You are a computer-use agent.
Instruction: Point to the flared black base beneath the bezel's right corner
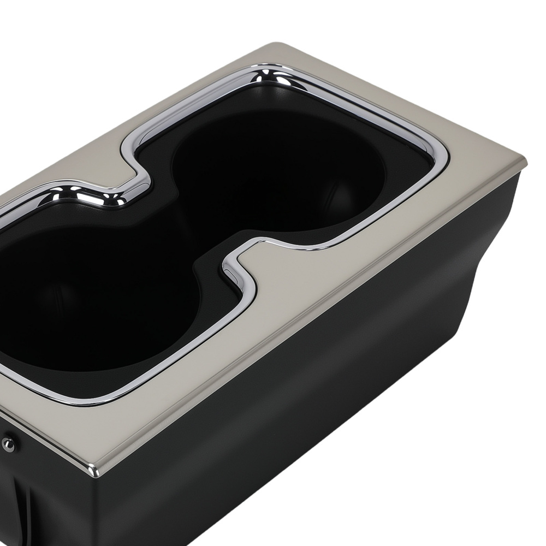(491, 229)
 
